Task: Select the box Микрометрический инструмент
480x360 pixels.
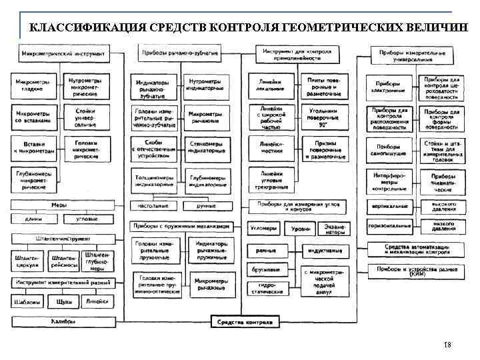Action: click(63, 52)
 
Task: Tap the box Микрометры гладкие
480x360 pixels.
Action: click(30, 85)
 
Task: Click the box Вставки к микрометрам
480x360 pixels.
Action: click(30, 147)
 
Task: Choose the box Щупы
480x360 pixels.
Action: click(64, 301)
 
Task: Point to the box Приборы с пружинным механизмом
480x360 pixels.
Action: click(182, 227)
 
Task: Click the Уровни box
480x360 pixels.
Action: click(301, 228)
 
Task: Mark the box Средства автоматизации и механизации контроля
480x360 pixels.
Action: click(417, 249)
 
